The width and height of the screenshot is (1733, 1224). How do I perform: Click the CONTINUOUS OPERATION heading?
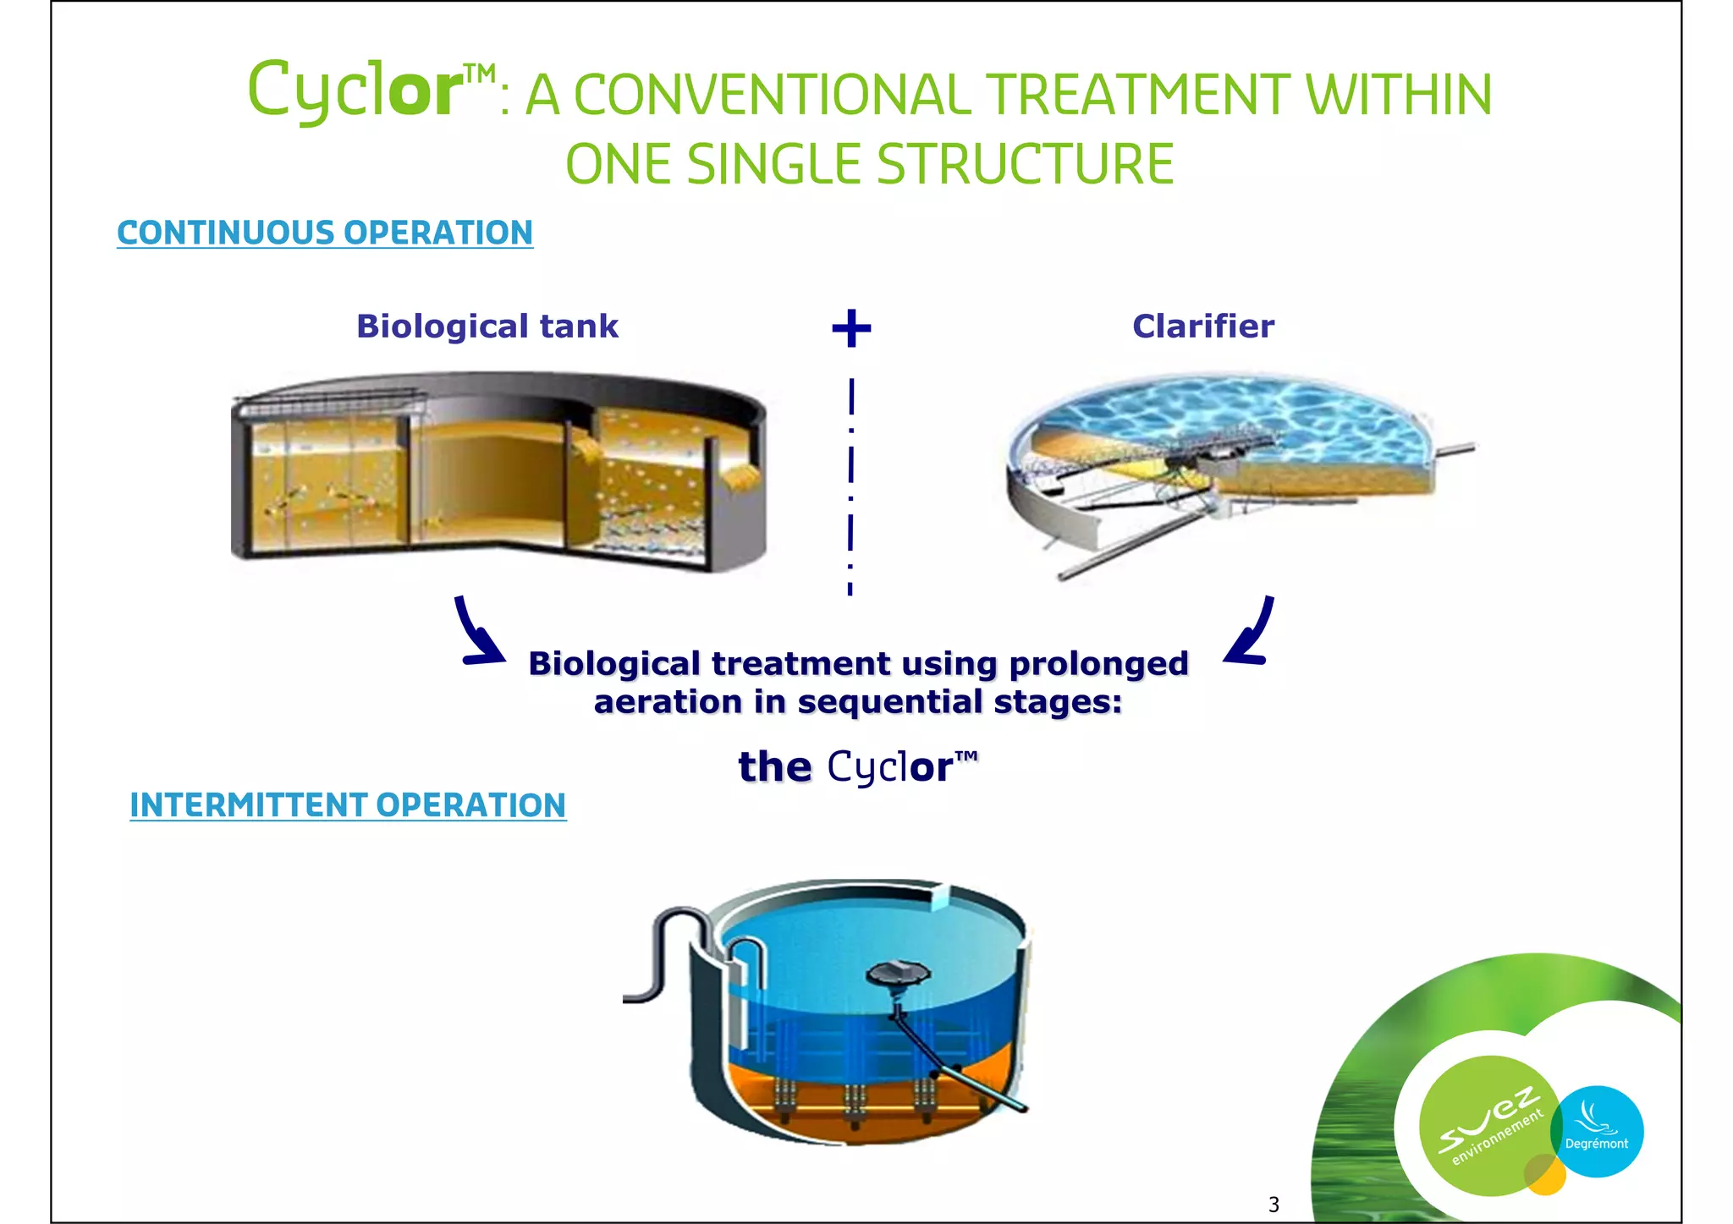pyautogui.click(x=325, y=233)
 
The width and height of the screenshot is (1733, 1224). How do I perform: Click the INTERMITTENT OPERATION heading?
pyautogui.click(x=348, y=804)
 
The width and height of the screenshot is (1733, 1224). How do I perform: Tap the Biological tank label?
pyautogui.click(x=487, y=327)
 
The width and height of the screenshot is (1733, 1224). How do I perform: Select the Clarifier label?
pyautogui.click(x=1202, y=327)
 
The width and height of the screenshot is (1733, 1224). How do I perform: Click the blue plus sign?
pyautogui.click(x=851, y=328)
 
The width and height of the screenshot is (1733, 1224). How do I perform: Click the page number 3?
pyautogui.click(x=1274, y=1204)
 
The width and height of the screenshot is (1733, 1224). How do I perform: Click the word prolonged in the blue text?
pyautogui.click(x=1098, y=664)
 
